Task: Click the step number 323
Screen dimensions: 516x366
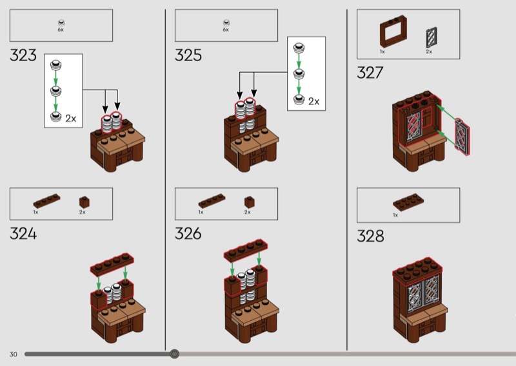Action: click(x=23, y=55)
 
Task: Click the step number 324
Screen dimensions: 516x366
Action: click(x=23, y=234)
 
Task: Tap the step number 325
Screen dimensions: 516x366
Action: click(x=188, y=55)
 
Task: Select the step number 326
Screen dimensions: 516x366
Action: click(x=188, y=234)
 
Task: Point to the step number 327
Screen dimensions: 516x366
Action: click(x=370, y=73)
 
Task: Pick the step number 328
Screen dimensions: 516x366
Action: click(x=370, y=236)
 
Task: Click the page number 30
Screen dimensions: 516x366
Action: click(x=13, y=354)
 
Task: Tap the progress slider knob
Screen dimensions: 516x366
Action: click(x=174, y=354)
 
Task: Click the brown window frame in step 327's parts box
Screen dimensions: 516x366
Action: click(x=393, y=32)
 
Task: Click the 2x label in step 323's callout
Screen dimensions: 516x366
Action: click(x=71, y=119)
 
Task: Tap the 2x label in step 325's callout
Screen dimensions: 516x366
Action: click(x=314, y=102)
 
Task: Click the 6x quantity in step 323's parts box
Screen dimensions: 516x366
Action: click(x=61, y=30)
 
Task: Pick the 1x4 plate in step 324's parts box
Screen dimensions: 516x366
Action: click(x=46, y=200)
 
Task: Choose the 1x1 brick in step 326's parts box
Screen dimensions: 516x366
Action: click(x=249, y=202)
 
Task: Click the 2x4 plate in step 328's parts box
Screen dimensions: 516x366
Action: click(x=408, y=202)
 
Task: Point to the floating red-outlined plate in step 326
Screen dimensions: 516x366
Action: click(x=246, y=251)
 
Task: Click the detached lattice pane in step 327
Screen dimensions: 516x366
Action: click(x=462, y=137)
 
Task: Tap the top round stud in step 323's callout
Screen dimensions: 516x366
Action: click(x=56, y=65)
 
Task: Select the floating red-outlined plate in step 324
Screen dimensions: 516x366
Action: click(x=112, y=264)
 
